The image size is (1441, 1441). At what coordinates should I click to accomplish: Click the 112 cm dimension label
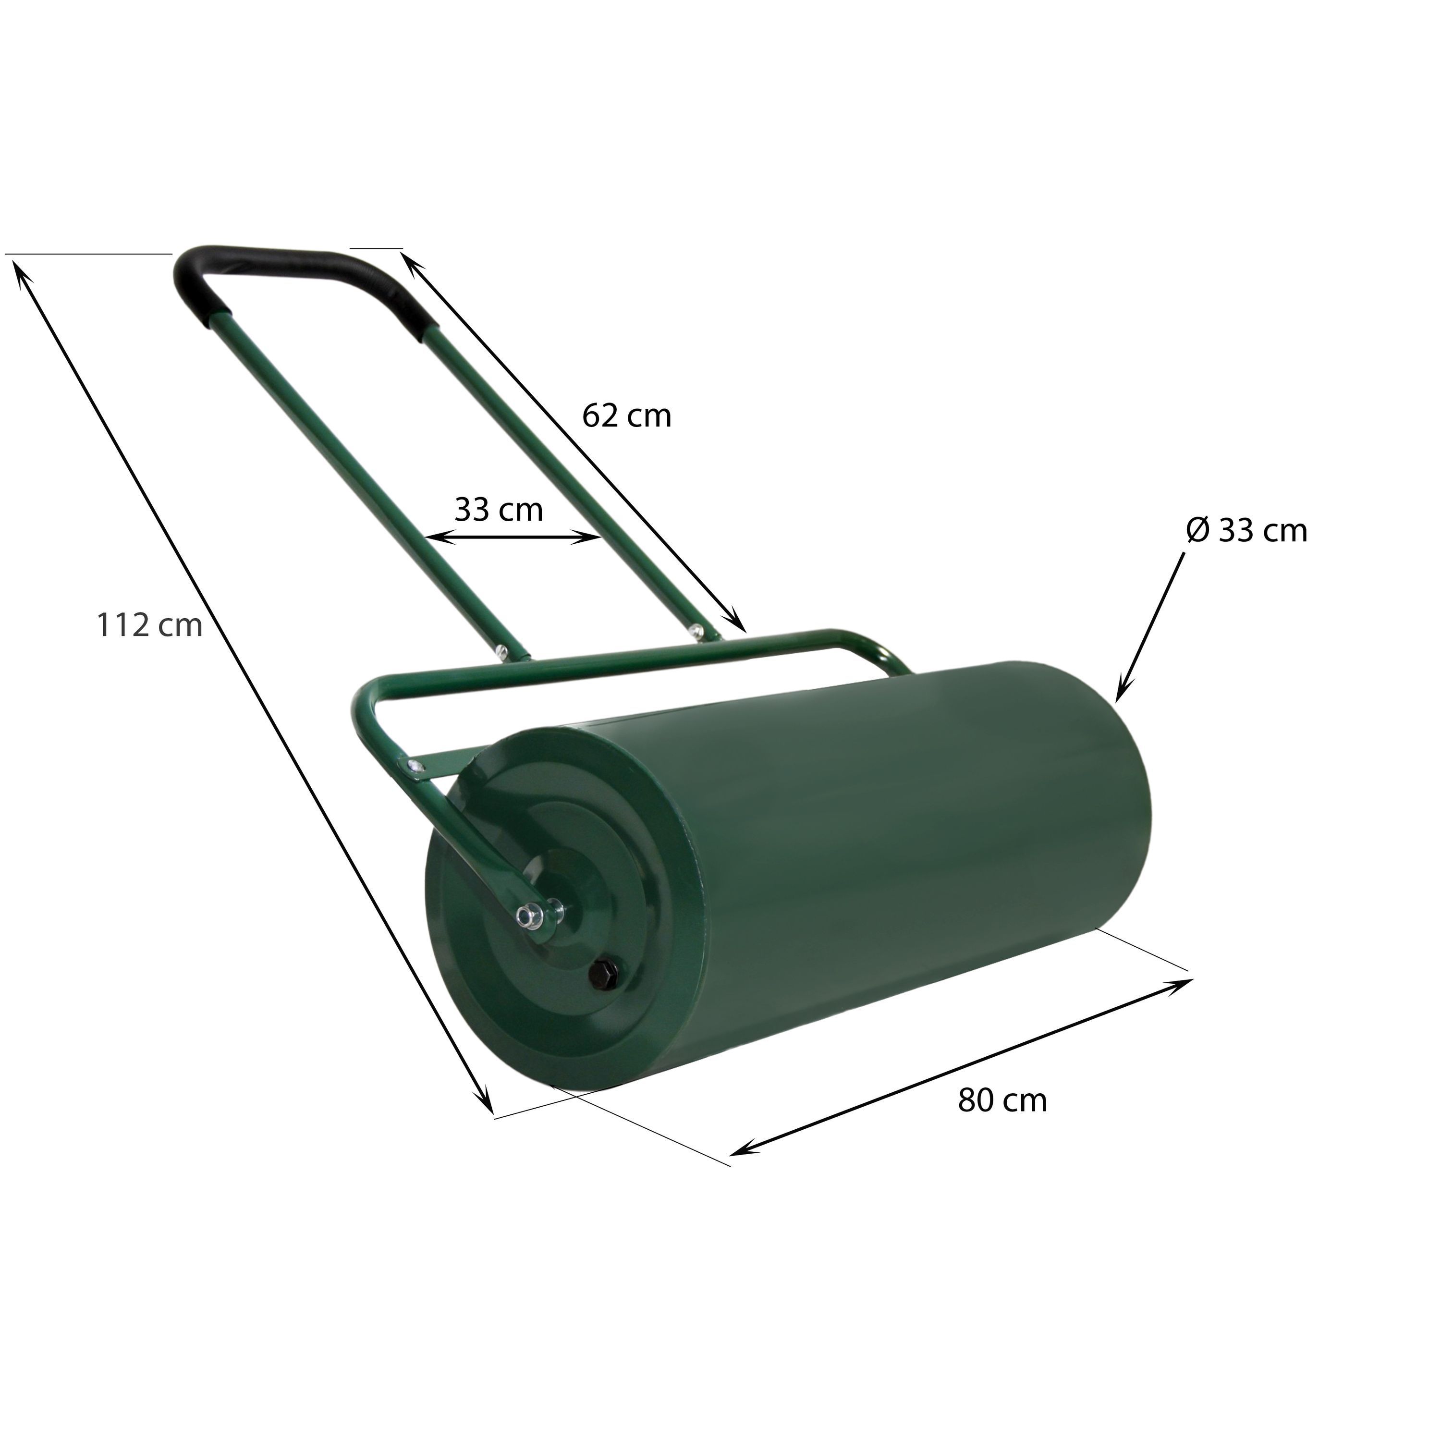[149, 626]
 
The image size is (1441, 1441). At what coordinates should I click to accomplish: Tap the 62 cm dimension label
[626, 416]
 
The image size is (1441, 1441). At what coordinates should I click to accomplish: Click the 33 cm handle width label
[499, 510]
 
